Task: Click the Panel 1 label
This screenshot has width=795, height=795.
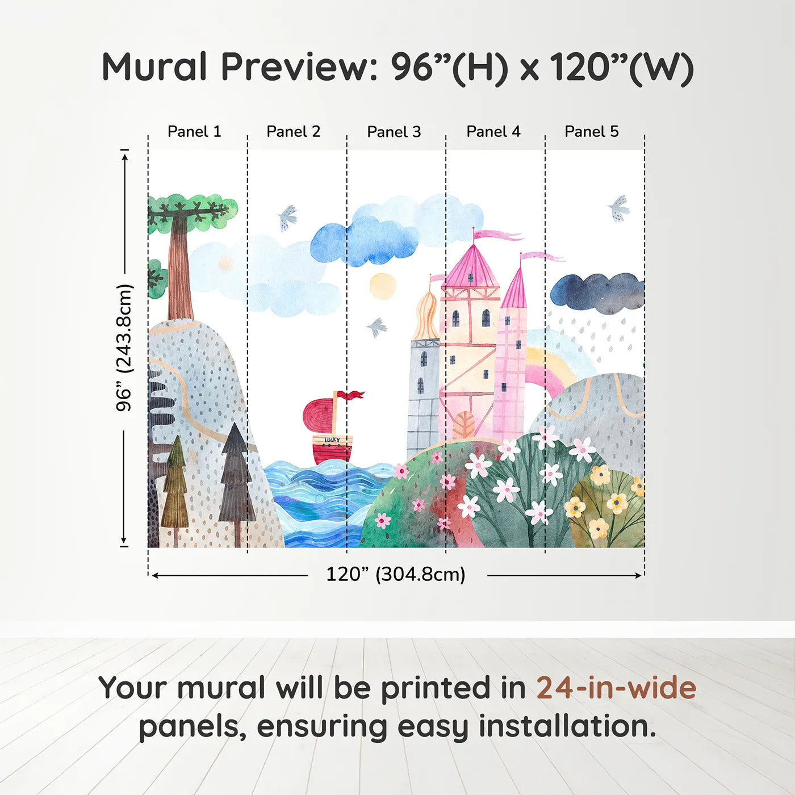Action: pyautogui.click(x=194, y=132)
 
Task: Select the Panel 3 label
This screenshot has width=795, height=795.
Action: pyautogui.click(x=394, y=132)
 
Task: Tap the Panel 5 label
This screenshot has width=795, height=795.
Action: pyautogui.click(x=592, y=132)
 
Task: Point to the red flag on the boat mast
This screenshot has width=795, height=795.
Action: pyautogui.click(x=351, y=395)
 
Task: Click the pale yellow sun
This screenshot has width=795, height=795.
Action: pyautogui.click(x=382, y=286)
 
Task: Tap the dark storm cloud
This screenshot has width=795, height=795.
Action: pyautogui.click(x=597, y=294)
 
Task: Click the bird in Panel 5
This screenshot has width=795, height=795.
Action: pyautogui.click(x=618, y=209)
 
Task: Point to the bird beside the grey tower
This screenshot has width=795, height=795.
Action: pyautogui.click(x=376, y=327)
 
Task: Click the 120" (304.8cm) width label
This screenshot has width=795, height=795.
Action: pyautogui.click(x=396, y=574)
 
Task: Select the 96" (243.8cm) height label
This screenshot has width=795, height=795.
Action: pyautogui.click(x=124, y=348)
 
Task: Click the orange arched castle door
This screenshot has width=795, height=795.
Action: pyautogui.click(x=463, y=425)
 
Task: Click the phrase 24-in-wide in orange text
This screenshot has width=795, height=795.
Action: pyautogui.click(x=616, y=687)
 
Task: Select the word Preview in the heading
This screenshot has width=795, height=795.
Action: pyautogui.click(x=299, y=67)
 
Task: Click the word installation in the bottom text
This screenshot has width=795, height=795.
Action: pyautogui.click(x=567, y=726)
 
